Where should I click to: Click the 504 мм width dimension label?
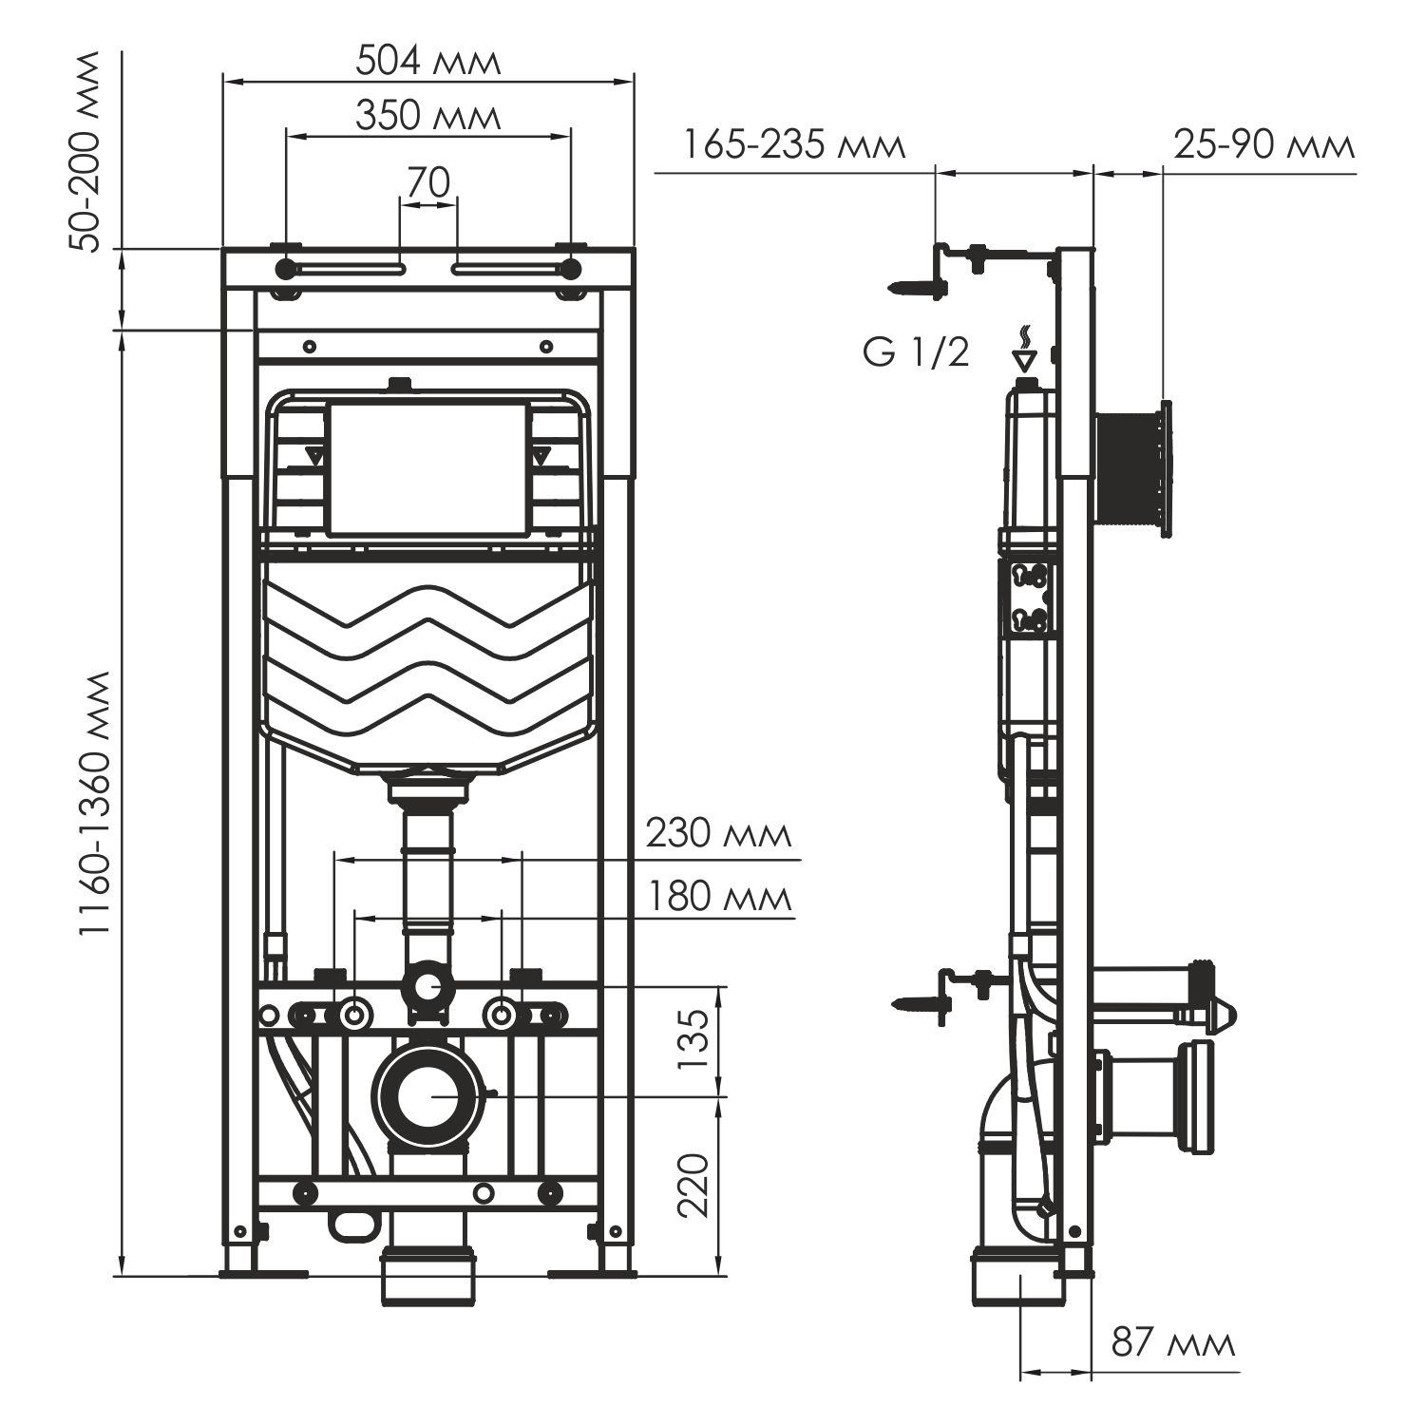coord(427,62)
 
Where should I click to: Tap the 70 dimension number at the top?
coord(427,182)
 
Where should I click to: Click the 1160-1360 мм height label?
coord(96,804)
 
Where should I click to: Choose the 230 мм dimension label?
coord(718,834)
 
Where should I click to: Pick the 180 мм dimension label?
coord(718,896)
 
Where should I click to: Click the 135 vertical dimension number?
coord(695,1039)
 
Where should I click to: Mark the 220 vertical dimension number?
coord(695,1185)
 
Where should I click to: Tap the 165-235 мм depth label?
coord(794,146)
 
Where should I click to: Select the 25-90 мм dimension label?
coord(1263,146)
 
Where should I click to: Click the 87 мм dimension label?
coord(1174,1343)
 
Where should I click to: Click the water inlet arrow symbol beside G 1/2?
coord(1023,353)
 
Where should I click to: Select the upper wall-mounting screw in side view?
coord(914,286)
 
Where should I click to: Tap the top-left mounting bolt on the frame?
coord(285,269)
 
